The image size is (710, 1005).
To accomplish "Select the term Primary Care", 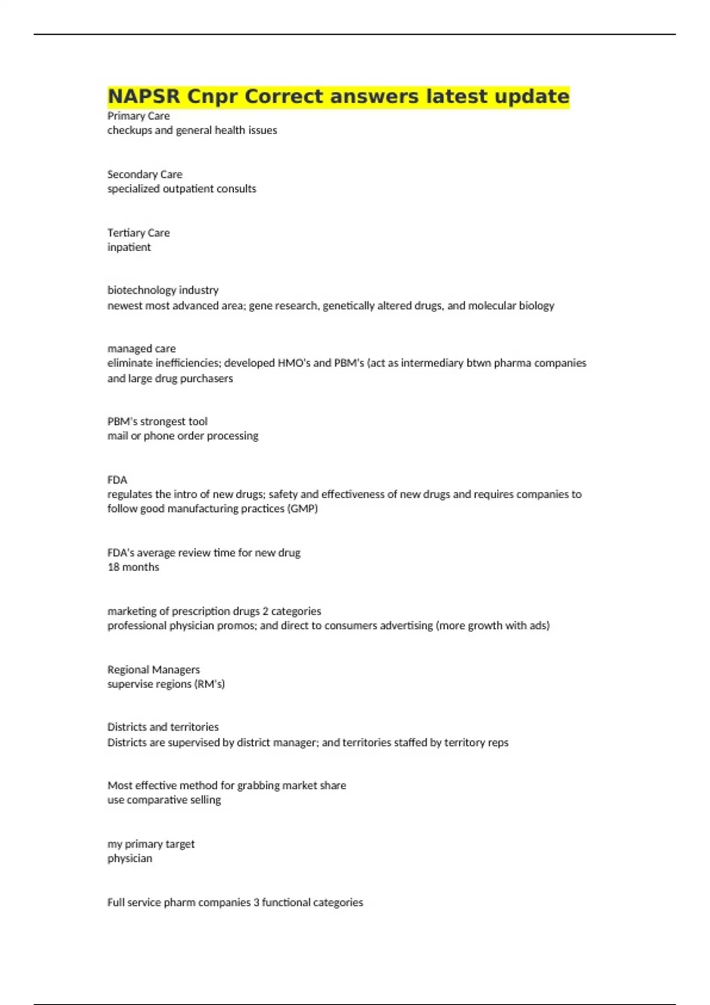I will pyautogui.click(x=138, y=116).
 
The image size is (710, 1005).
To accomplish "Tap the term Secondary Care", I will pyautogui.click(x=145, y=174).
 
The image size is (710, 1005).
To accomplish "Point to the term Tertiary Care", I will pyautogui.click(x=138, y=233).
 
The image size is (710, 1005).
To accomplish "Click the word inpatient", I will pyautogui.click(x=129, y=247).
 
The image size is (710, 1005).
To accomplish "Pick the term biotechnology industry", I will pyautogui.click(x=163, y=290).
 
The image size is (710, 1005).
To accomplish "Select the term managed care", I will pyautogui.click(x=141, y=349).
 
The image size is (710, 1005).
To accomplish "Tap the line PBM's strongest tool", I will pyautogui.click(x=157, y=422).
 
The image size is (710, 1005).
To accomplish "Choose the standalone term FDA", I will pyautogui.click(x=117, y=480).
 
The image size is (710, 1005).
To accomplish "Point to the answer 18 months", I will pyautogui.click(x=133, y=567).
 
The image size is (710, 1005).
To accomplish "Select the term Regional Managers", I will pyautogui.click(x=153, y=670).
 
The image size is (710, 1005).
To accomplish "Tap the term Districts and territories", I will pyautogui.click(x=163, y=727).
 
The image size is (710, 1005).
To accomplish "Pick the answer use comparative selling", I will pyautogui.click(x=164, y=800).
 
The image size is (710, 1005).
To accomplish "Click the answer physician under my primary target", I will pyautogui.click(x=130, y=858).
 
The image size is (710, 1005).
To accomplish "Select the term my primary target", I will pyautogui.click(x=151, y=844).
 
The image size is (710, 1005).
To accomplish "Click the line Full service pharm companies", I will pyautogui.click(x=235, y=903).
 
